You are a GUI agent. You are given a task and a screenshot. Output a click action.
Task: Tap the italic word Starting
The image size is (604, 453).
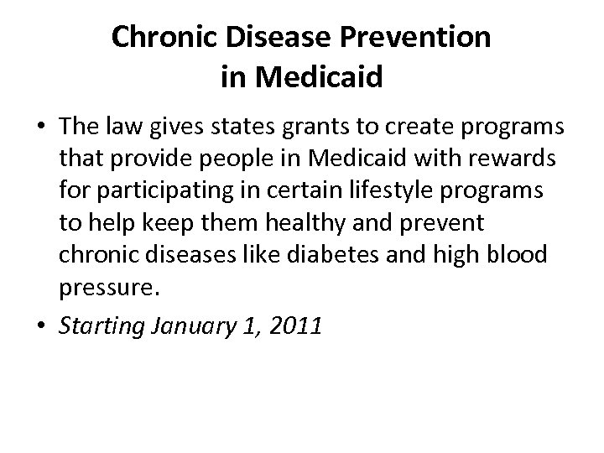click(x=93, y=325)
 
